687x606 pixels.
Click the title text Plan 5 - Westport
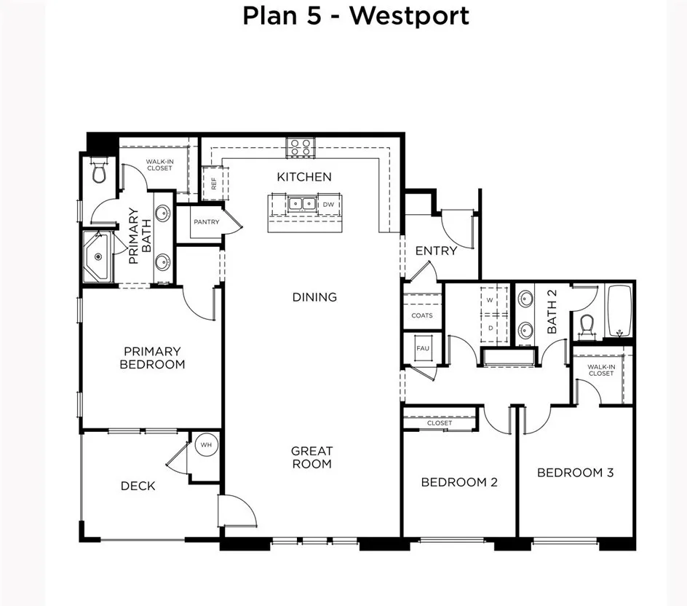355,15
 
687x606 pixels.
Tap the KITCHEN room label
304,177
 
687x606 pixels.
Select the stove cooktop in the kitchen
301,147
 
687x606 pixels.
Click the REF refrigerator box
215,184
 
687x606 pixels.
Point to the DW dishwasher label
328,205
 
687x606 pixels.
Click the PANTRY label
206,222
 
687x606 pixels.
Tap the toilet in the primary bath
100,172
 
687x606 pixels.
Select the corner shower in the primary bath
97,256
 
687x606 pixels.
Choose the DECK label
138,486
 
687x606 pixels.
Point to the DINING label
314,297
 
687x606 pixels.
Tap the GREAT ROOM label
311,457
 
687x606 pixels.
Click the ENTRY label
436,251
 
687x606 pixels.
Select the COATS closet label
422,315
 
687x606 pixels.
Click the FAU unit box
423,348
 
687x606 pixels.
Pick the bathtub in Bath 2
619,311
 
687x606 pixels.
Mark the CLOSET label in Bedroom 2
440,423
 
